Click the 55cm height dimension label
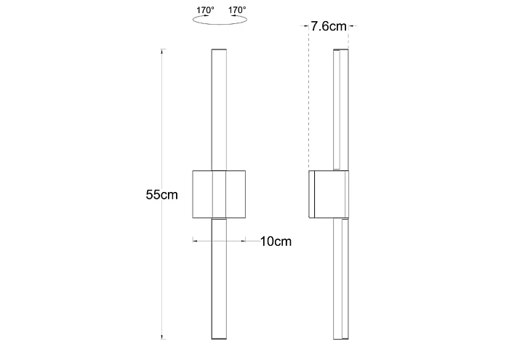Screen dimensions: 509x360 (x=161, y=195)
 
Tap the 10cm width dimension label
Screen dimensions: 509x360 (x=276, y=241)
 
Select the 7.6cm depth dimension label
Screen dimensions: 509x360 (x=329, y=26)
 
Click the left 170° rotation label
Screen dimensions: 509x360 (x=205, y=10)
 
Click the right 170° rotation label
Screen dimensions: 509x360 (x=237, y=10)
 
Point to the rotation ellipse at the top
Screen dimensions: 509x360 (x=220, y=24)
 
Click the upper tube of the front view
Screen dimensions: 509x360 (x=219, y=110)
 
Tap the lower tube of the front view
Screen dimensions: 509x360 (x=219, y=279)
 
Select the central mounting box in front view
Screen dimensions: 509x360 (x=219, y=194)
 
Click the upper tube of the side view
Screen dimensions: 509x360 (x=341, y=110)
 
